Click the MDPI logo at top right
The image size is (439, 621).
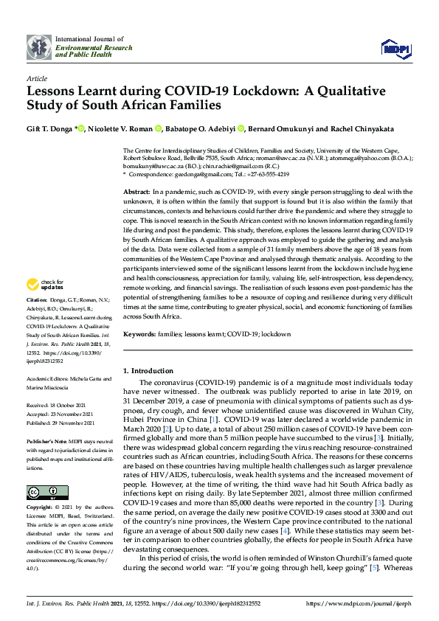(x=395, y=48)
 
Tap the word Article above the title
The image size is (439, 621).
(x=36, y=77)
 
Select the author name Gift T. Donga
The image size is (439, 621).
(x=50, y=129)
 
